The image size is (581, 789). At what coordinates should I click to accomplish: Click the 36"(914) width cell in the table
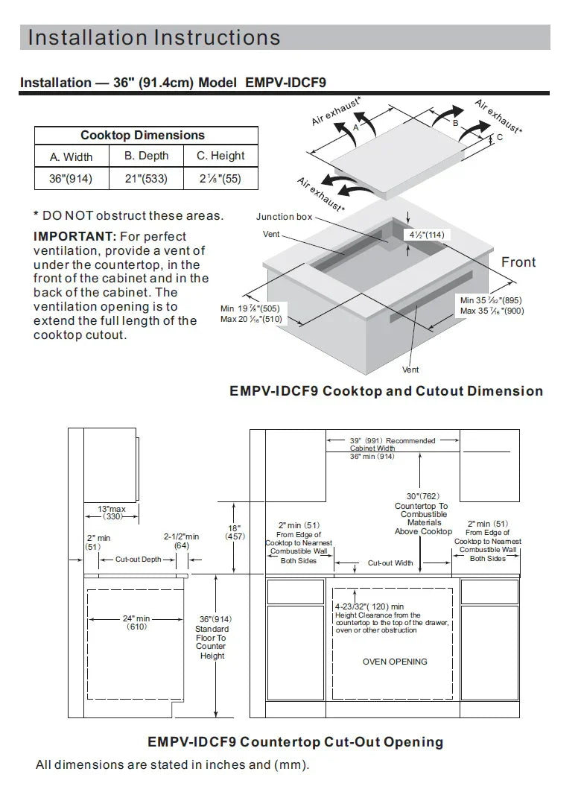(x=71, y=179)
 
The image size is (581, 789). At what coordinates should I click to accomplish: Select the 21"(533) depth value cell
(x=147, y=179)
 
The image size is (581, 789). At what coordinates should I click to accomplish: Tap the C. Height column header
(x=220, y=156)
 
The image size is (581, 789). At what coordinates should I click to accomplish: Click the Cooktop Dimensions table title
(x=143, y=136)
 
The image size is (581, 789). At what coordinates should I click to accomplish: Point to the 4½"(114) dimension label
(x=427, y=235)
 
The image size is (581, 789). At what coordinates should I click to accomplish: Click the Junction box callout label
(x=285, y=217)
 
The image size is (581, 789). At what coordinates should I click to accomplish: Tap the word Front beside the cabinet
(x=518, y=262)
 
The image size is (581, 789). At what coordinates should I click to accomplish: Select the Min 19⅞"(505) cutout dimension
(x=250, y=308)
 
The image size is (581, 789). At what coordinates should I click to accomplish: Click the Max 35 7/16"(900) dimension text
(x=492, y=311)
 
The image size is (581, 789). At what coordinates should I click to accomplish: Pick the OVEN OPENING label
(x=395, y=662)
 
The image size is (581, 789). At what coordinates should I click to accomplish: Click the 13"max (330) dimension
(x=112, y=513)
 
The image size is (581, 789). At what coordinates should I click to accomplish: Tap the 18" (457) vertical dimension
(x=235, y=533)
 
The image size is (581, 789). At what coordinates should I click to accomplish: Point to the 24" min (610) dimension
(x=136, y=622)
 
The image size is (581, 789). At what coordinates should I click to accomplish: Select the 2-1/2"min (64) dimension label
(x=181, y=541)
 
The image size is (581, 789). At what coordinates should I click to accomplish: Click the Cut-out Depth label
(x=139, y=560)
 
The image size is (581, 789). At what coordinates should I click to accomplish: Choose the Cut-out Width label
(x=390, y=563)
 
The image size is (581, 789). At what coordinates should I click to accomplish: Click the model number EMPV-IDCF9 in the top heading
(x=286, y=83)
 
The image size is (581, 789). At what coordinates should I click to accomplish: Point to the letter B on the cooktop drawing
(x=456, y=123)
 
